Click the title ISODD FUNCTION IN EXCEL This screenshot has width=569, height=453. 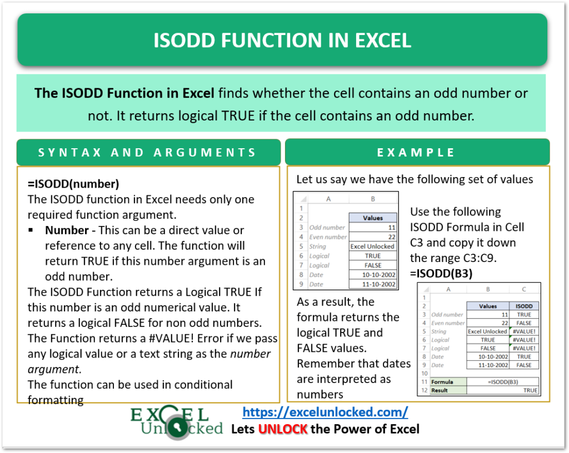(282, 41)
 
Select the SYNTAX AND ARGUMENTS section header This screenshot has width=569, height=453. (147, 153)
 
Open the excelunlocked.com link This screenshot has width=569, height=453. (325, 412)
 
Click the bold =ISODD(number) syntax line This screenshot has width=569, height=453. (73, 184)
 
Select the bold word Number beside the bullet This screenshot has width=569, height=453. (67, 230)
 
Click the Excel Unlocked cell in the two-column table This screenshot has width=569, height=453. (373, 246)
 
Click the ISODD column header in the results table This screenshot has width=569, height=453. (524, 306)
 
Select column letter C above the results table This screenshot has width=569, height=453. (524, 289)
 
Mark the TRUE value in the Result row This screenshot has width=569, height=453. (530, 390)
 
